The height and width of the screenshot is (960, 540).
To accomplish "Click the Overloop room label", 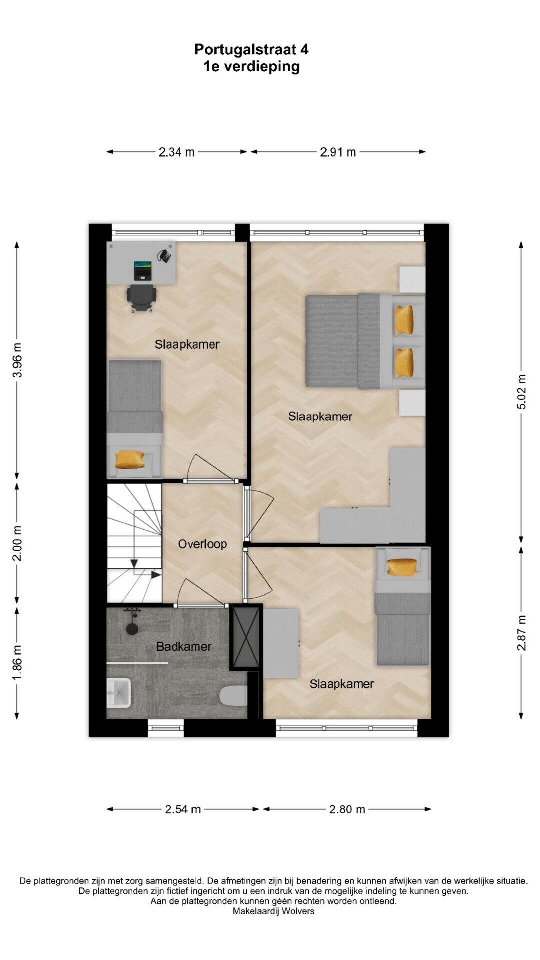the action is point(202,544).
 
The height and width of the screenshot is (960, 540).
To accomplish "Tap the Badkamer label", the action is point(184,646).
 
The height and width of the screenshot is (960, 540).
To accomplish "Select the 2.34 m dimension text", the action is point(176,152).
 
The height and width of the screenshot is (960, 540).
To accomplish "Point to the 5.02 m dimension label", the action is point(521,392).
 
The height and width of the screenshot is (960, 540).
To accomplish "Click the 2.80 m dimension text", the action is point(347,809).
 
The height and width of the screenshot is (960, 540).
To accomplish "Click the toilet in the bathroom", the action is point(233,695).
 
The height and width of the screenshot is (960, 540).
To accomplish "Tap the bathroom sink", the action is point(118,692).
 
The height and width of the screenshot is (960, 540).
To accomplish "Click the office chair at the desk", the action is point(141,298).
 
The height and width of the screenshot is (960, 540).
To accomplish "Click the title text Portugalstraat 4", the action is point(251,49).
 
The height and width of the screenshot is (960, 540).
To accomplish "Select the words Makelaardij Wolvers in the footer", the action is point(273,911).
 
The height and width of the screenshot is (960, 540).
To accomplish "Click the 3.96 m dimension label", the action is point(17,360).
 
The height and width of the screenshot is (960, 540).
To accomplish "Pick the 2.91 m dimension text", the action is point(338,152).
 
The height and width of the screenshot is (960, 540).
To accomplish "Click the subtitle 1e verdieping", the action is point(251,66).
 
